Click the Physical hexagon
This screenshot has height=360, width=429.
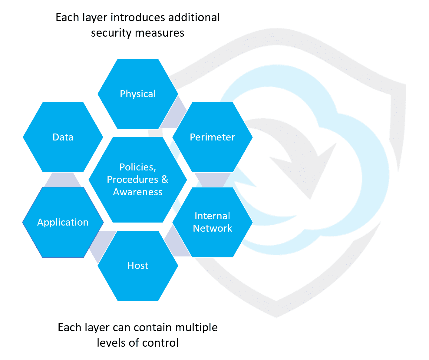click(138, 94)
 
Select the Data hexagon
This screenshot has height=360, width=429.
click(63, 137)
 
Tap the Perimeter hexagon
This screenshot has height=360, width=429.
click(213, 137)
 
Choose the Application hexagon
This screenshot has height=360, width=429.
click(63, 222)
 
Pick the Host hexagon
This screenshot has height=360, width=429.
click(138, 266)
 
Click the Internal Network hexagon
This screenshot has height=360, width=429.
click(213, 222)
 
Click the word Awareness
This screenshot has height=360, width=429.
click(138, 192)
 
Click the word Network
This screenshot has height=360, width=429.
click(213, 228)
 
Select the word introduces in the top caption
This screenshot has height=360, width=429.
click(138, 17)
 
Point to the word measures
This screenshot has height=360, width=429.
click(160, 33)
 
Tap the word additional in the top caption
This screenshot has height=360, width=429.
click(194, 17)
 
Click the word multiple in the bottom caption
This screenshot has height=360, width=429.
click(196, 328)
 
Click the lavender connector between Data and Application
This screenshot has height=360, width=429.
click(63, 180)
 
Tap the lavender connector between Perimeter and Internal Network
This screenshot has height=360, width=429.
click(213, 180)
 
